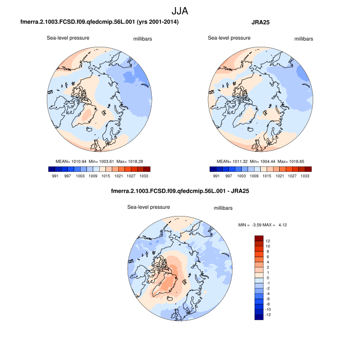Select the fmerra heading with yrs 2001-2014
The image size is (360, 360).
tap(99, 23)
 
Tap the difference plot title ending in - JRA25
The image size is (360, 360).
tap(180, 192)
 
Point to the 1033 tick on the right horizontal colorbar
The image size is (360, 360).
tap(305, 176)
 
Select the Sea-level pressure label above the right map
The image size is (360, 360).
tap(229, 38)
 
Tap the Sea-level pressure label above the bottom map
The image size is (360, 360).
tap(149, 207)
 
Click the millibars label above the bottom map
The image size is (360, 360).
tap(223, 208)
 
